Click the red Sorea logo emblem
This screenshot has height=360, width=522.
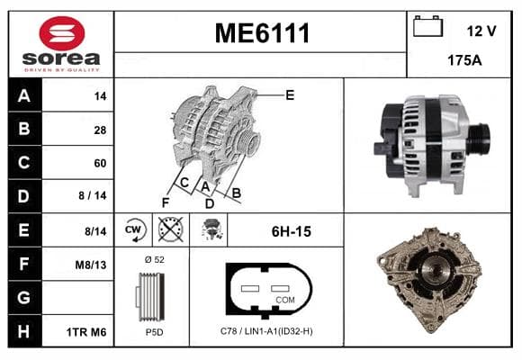tap(62, 33)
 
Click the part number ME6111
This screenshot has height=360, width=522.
tap(262, 33)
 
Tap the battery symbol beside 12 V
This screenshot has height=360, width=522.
tap(427, 26)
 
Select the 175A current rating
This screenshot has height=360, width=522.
tap(464, 60)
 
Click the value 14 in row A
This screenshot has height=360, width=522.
tap(100, 96)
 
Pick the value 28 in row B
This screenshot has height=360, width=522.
tap(100, 130)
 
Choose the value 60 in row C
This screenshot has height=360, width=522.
tap(100, 163)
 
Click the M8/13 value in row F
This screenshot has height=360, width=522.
tap(91, 265)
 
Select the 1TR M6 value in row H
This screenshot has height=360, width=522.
tap(86, 332)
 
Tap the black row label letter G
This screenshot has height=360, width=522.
tap(24, 297)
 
